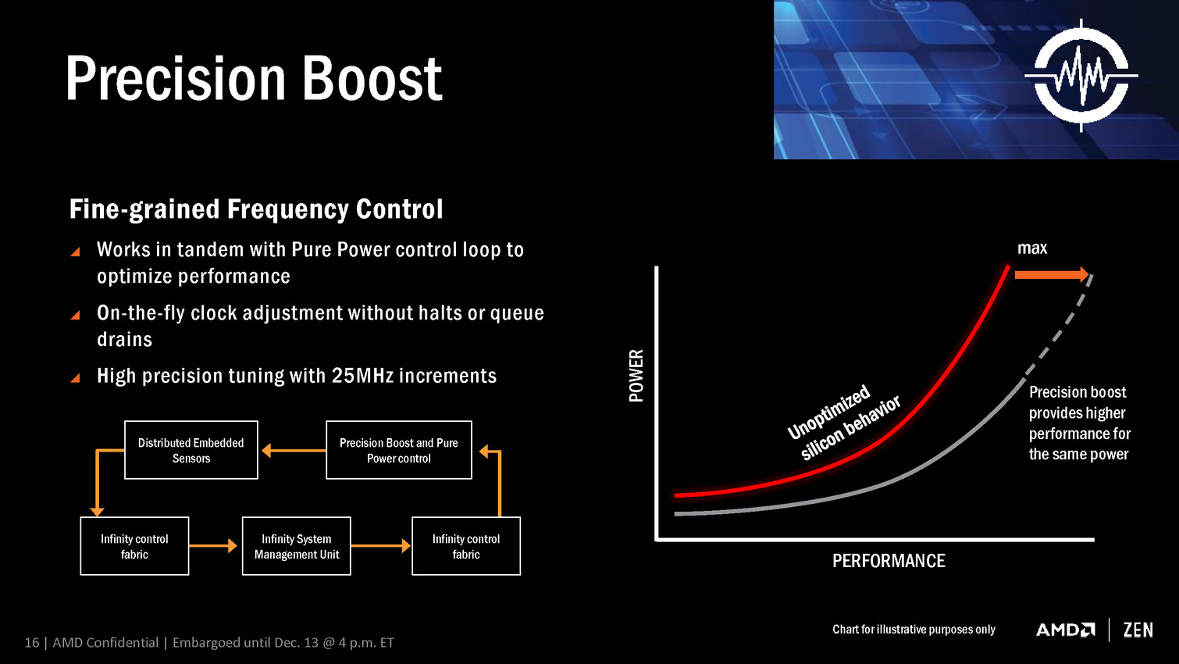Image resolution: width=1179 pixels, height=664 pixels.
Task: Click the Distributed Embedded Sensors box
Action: click(x=191, y=450)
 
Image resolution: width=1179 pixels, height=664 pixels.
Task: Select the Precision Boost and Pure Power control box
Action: click(x=399, y=450)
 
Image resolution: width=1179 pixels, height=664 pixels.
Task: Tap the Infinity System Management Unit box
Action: click(x=297, y=546)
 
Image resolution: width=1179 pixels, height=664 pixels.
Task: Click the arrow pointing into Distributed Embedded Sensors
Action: click(x=294, y=451)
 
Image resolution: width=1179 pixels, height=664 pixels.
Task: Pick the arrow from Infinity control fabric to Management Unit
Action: click(x=212, y=546)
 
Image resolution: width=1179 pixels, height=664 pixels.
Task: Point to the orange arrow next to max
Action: click(x=1052, y=274)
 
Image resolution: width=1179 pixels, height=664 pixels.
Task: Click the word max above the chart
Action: click(x=1032, y=248)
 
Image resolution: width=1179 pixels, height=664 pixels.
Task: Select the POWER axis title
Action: click(x=636, y=376)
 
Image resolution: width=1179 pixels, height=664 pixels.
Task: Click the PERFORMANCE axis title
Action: click(x=889, y=561)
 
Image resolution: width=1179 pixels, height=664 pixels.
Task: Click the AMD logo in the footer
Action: click(x=1065, y=630)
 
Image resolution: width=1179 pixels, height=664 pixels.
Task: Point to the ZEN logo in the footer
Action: click(x=1138, y=630)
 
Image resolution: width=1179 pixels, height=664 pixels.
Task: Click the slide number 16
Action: click(x=31, y=642)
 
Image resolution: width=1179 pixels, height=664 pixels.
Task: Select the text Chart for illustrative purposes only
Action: click(x=914, y=630)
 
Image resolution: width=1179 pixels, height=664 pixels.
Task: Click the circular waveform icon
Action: click(x=1081, y=76)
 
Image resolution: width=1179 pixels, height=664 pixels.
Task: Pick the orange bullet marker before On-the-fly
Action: click(x=75, y=315)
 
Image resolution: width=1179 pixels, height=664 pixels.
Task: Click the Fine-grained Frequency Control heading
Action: click(x=256, y=209)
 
